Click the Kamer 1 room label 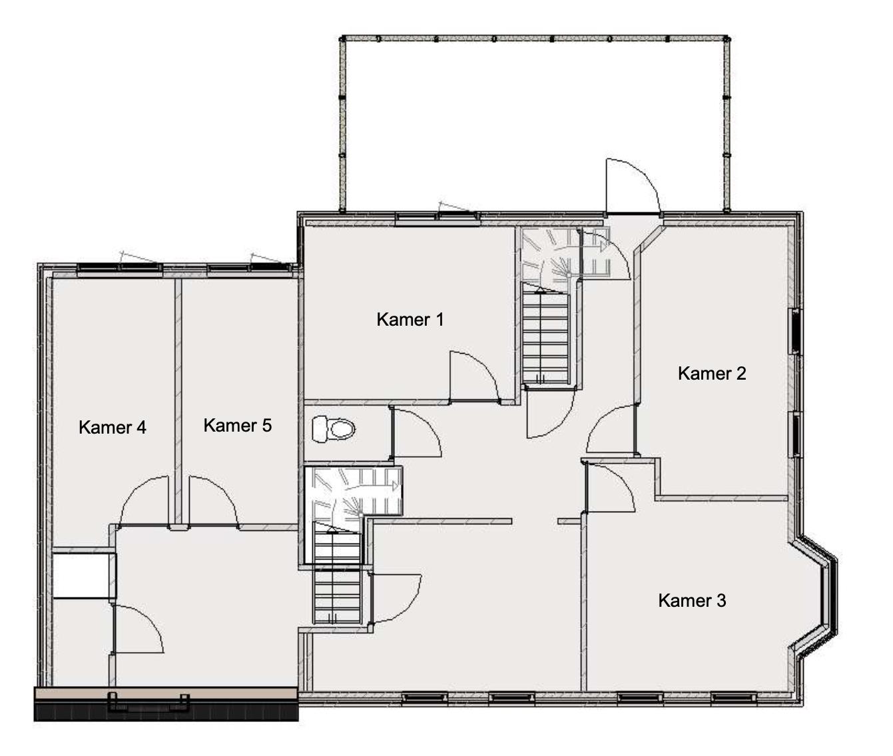click(410, 320)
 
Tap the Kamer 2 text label click(712, 374)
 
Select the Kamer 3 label click(692, 600)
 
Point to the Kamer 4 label click(113, 428)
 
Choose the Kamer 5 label click(238, 426)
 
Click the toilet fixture click(333, 429)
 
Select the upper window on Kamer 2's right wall click(796, 330)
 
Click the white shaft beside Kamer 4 click(83, 575)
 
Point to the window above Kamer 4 click(119, 268)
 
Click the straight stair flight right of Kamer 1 click(545, 333)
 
